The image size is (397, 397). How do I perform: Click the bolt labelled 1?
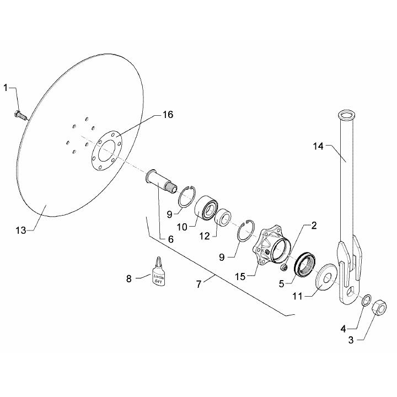point(19,115)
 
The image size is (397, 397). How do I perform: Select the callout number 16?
point(168,115)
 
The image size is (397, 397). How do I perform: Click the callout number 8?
point(130,278)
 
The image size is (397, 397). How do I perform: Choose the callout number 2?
point(313,226)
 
